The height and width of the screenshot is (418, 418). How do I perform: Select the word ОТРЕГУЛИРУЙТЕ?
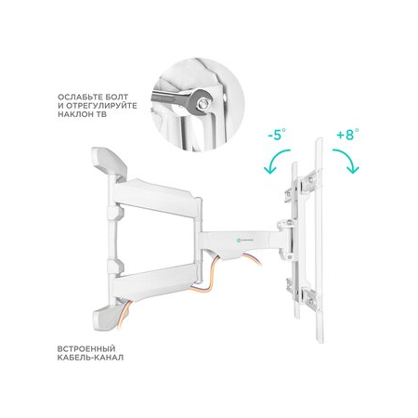click(x=101, y=106)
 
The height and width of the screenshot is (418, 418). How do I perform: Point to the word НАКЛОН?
click(x=75, y=114)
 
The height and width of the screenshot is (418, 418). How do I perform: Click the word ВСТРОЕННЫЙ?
click(x=86, y=349)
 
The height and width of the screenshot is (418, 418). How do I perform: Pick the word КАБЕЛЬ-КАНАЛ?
click(x=90, y=358)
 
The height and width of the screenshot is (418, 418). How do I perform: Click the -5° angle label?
click(x=277, y=135)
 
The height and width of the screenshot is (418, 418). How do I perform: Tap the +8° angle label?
click(x=347, y=135)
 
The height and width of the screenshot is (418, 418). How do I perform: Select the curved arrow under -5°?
click(x=274, y=155)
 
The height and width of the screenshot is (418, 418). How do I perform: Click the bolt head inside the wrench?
click(x=203, y=103)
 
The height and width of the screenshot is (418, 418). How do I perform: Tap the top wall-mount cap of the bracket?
click(x=110, y=163)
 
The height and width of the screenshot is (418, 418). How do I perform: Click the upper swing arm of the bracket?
click(x=156, y=197)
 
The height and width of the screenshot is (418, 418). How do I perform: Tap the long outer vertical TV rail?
click(x=319, y=240)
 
